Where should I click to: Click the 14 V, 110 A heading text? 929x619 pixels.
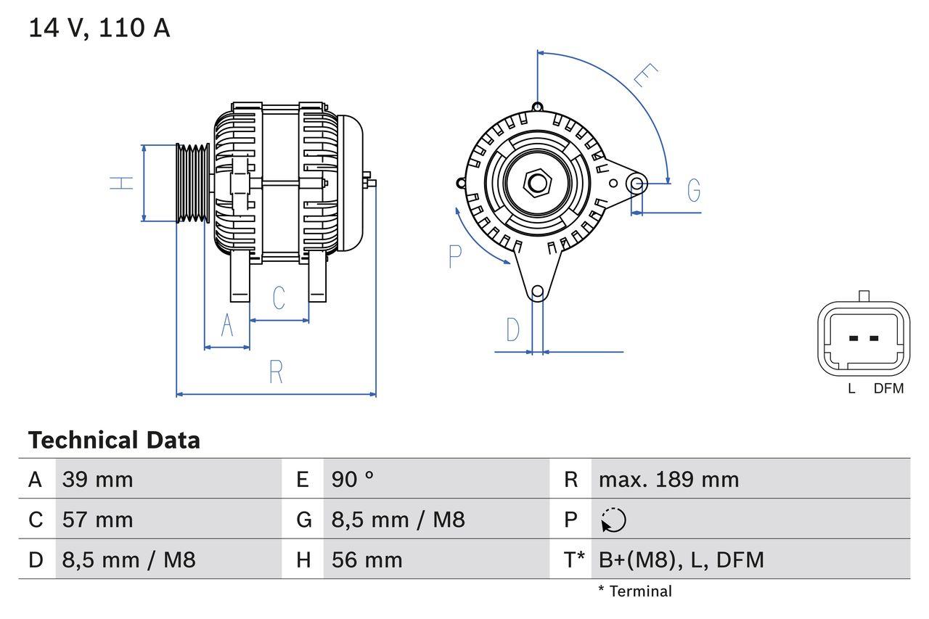(99, 28)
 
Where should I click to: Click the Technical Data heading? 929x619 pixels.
(114, 440)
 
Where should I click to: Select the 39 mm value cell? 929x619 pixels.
(98, 480)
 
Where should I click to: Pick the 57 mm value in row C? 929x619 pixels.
(98, 520)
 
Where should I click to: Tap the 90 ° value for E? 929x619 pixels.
(353, 480)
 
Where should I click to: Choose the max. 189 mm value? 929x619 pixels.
(668, 480)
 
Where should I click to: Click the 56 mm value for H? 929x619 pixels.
(367, 560)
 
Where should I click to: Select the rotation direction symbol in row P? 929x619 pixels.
(614, 520)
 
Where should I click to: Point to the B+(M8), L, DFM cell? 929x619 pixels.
(681, 560)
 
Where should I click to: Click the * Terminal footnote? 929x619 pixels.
(635, 591)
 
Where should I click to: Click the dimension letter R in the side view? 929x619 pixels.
(276, 372)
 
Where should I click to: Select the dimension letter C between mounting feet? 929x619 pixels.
(279, 298)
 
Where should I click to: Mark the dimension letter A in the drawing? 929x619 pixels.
(227, 326)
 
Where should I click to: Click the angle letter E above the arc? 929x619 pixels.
(644, 75)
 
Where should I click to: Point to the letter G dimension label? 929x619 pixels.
(694, 190)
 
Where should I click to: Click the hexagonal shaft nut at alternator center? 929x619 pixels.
(537, 182)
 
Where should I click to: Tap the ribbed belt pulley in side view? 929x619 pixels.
(193, 183)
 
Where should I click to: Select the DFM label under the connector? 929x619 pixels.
(888, 389)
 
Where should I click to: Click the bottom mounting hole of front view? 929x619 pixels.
(537, 292)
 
